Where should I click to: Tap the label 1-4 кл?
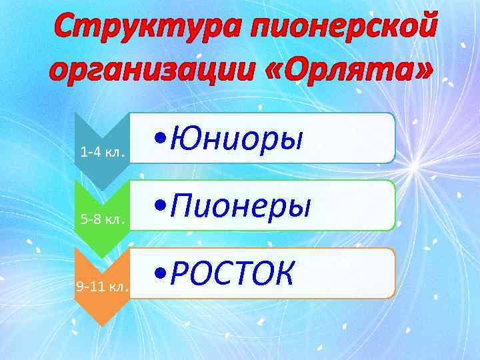[x=101, y=151]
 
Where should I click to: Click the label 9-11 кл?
[x=102, y=287]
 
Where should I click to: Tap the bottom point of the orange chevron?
[x=101, y=325]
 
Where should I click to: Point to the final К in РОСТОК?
[x=281, y=273]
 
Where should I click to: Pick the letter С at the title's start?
[x=67, y=28]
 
